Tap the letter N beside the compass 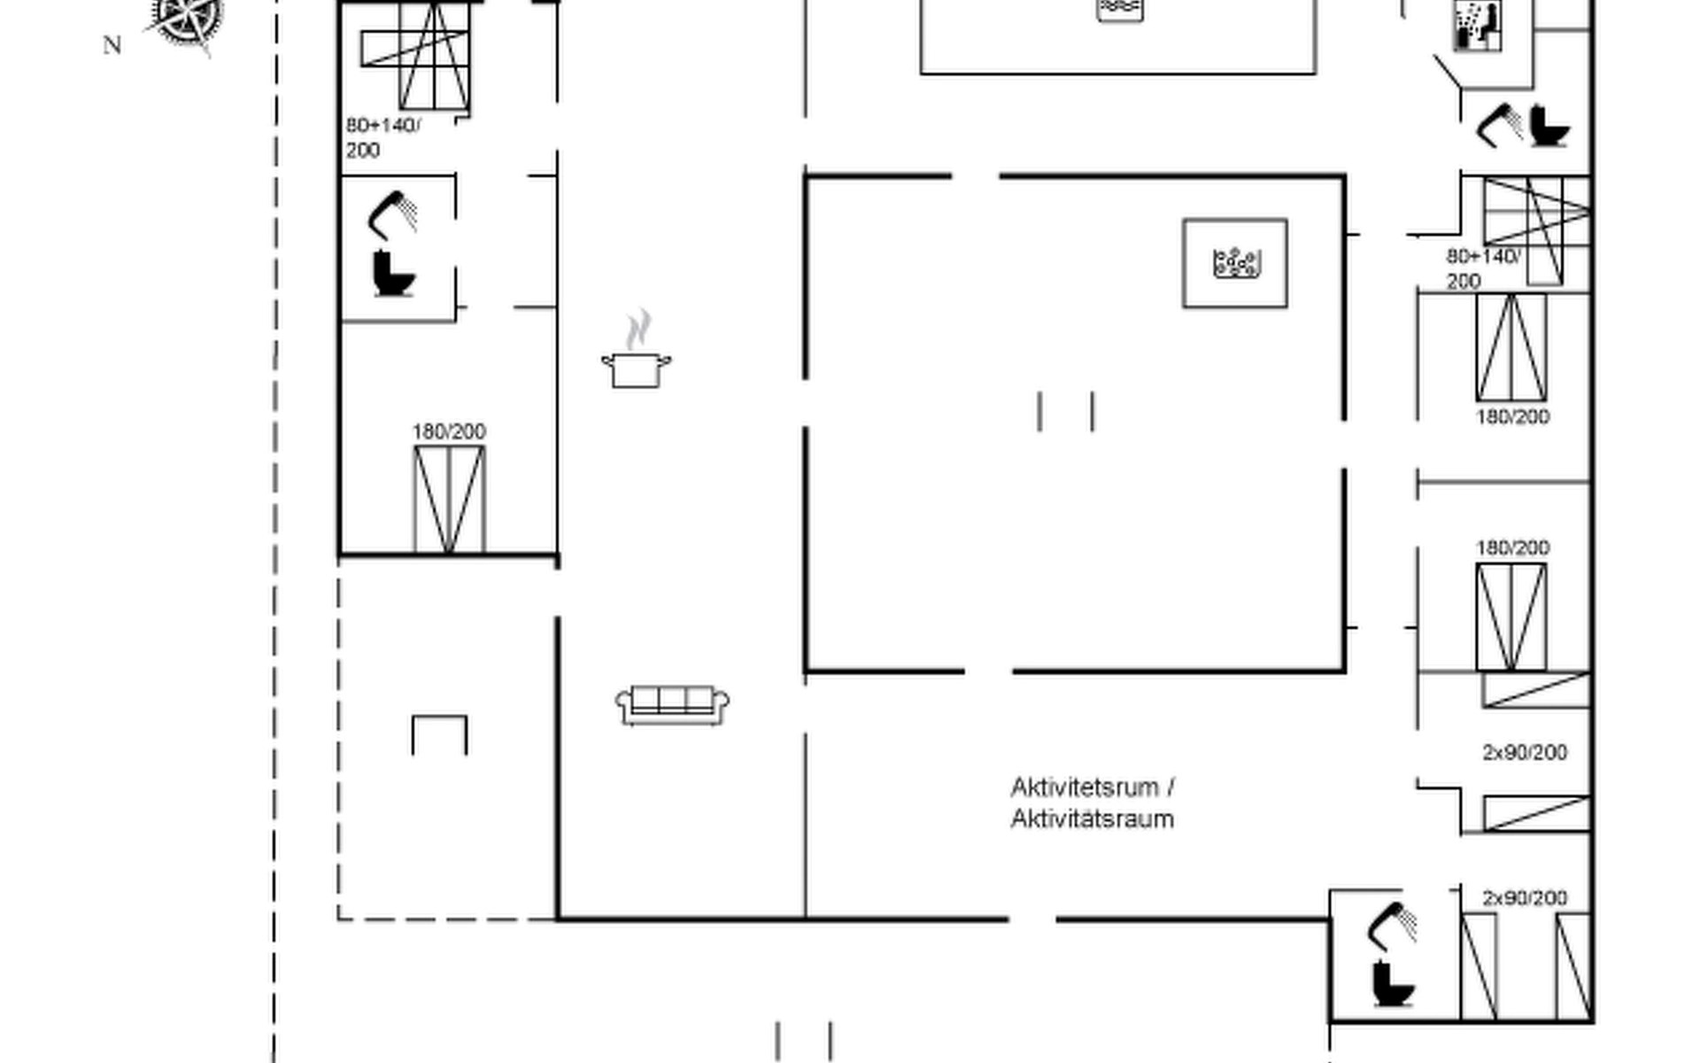(112, 45)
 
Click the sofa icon (673, 704)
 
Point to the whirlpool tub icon (1236, 263)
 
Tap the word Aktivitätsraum (1092, 819)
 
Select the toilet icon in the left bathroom (393, 274)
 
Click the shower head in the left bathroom (392, 214)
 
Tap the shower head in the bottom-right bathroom (1393, 925)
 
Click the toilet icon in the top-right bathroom (1549, 126)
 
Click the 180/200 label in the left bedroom (449, 431)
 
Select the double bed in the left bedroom (449, 500)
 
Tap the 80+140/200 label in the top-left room (382, 137)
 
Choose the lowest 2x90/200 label (1525, 897)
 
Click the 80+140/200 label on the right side (1483, 268)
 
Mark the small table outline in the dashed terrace (439, 734)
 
